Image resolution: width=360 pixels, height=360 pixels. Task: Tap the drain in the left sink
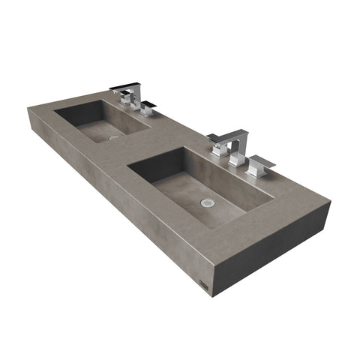coord(113,137)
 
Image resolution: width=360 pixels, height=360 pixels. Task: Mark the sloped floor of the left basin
coord(105,131)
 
